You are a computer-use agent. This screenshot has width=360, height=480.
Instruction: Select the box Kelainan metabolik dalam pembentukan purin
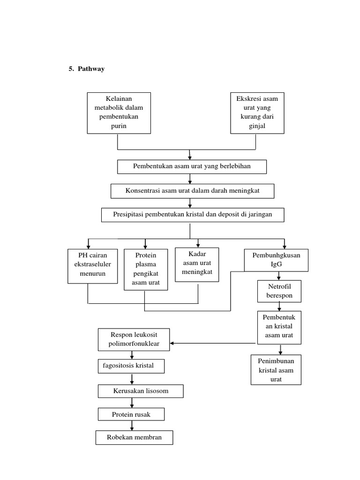119,112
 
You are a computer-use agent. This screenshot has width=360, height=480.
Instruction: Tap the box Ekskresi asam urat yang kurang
257,112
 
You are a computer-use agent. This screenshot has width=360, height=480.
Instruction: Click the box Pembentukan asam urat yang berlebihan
192,166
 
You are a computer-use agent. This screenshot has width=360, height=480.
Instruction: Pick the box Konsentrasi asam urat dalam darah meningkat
192,191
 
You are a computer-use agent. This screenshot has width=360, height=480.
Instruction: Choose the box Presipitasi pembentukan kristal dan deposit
192,215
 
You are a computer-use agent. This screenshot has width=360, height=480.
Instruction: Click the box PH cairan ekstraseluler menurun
92,266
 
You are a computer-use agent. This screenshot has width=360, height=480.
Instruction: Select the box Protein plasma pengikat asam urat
146,269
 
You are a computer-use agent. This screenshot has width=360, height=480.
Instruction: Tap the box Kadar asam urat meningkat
197,265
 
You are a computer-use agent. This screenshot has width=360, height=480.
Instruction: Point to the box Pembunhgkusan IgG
277,260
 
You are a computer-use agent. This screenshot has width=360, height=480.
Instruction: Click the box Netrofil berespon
279,291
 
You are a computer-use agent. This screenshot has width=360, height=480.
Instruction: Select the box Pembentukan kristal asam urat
279,327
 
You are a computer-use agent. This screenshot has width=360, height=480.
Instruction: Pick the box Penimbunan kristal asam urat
276,370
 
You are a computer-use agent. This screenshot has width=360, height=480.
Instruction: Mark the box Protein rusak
131,414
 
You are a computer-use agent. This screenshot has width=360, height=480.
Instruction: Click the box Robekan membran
134,437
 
